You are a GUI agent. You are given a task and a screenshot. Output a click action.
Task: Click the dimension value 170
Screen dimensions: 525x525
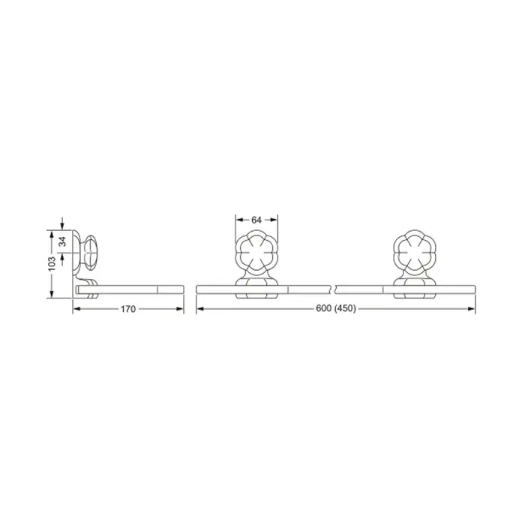[x=128, y=309]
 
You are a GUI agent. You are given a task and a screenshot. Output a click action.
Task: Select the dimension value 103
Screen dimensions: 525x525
[x=52, y=263]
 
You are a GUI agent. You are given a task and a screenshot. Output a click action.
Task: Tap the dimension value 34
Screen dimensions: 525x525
[x=63, y=241]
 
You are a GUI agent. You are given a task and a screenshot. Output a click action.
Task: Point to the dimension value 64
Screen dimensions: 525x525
[x=256, y=220]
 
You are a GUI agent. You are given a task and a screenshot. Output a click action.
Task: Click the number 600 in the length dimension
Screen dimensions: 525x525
[x=323, y=308]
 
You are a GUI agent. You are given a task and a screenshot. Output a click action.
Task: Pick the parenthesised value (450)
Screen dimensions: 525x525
[x=345, y=308]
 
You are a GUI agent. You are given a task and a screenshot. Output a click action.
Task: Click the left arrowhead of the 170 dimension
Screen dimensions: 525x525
[x=76, y=309]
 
